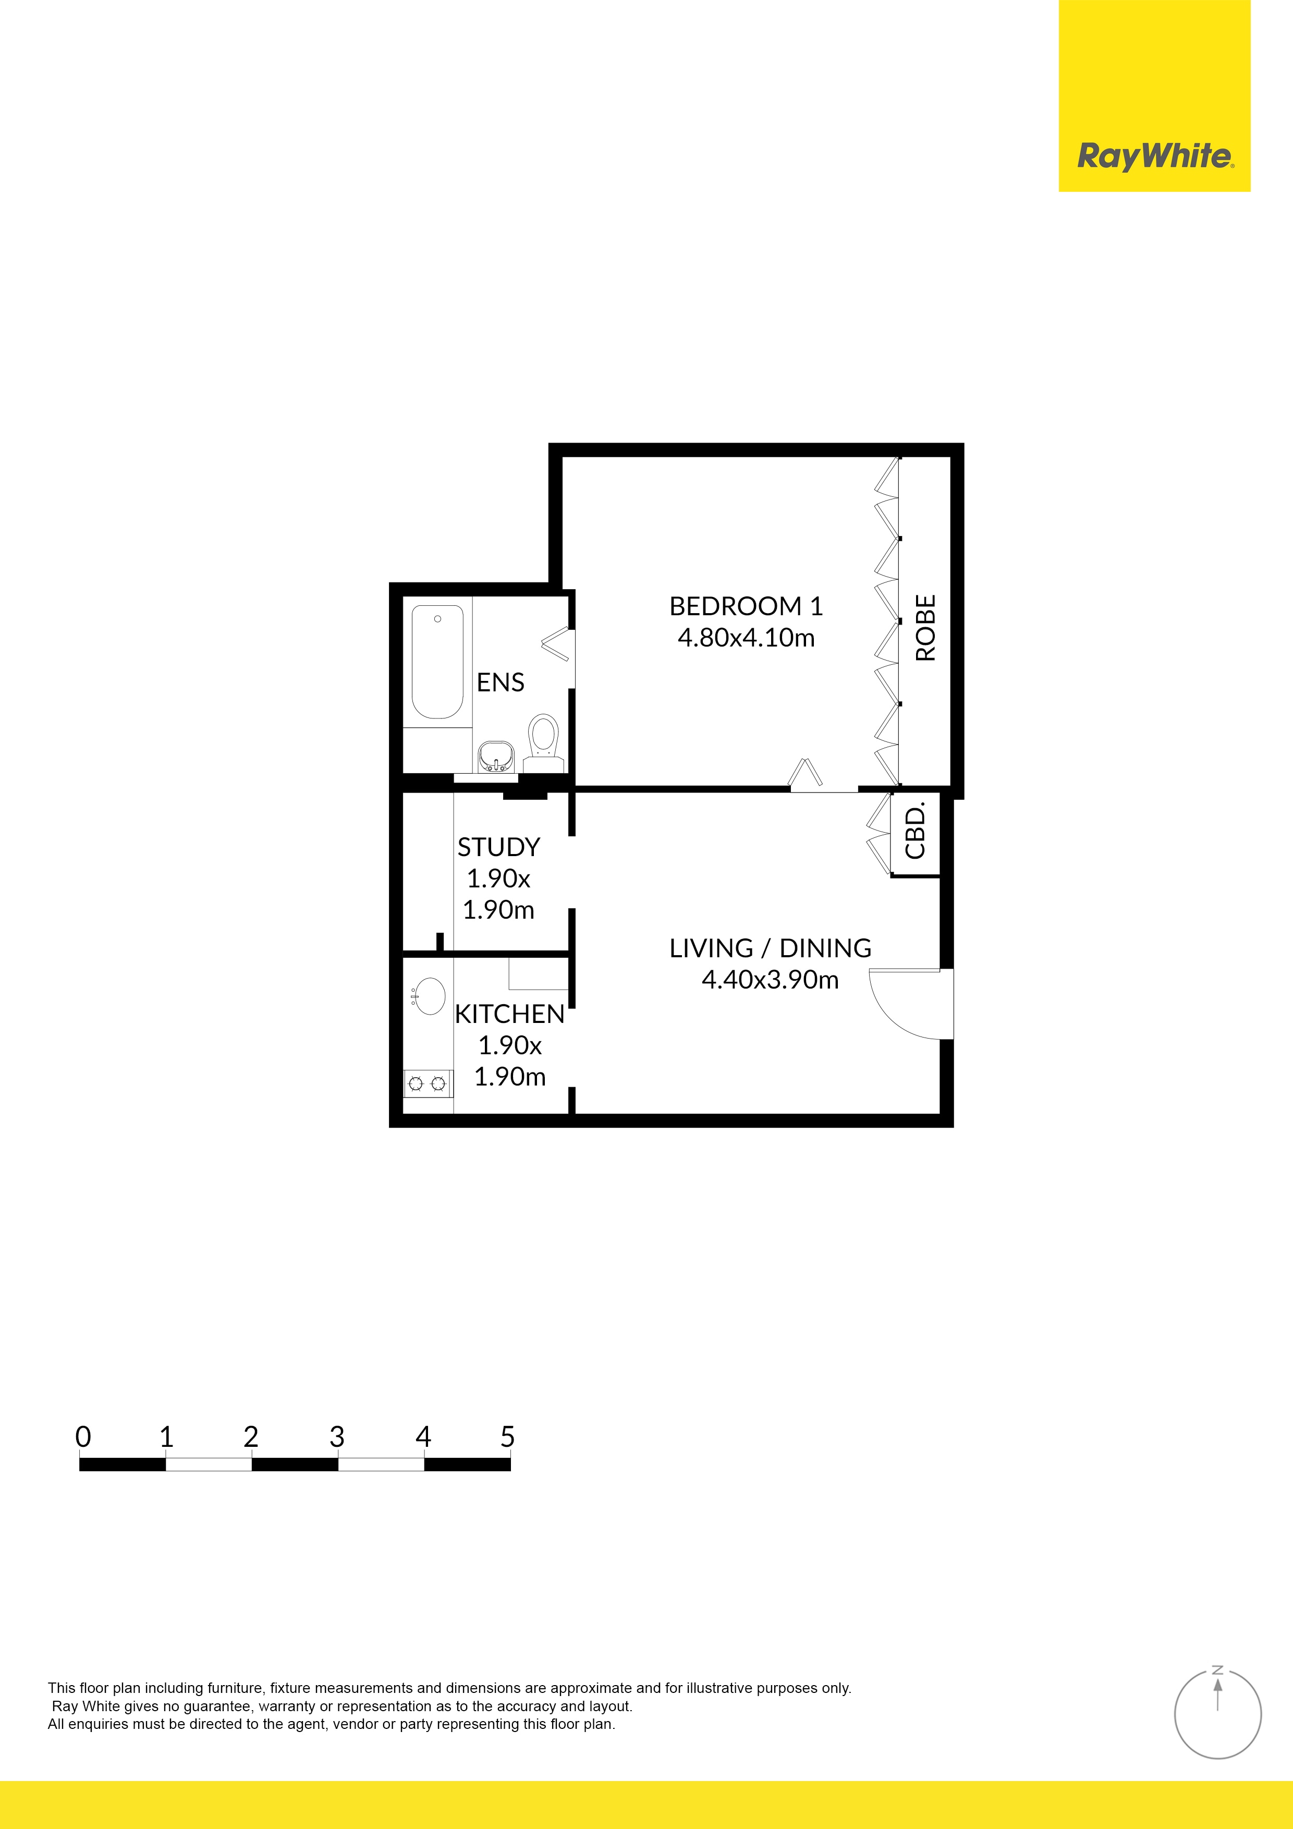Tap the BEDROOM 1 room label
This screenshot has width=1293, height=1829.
pos(745,606)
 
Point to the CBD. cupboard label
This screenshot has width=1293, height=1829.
pos(916,831)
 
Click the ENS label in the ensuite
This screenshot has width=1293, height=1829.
pos(501,682)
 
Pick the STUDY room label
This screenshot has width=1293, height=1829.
pos(499,847)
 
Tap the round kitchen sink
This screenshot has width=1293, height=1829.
pos(430,996)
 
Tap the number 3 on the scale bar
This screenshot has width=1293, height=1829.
pos(337,1437)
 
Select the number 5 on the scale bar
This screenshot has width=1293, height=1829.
pos(507,1437)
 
